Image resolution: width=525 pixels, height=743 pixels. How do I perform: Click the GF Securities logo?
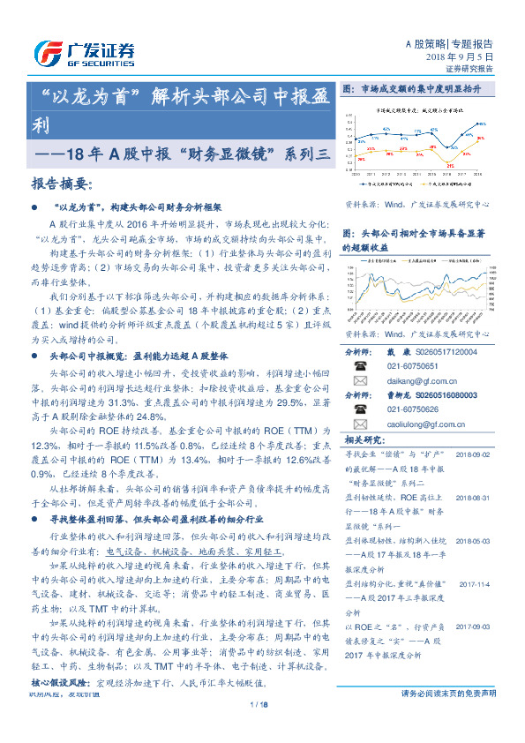(x=85, y=53)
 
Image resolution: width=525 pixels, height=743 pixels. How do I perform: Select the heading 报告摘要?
(x=62, y=184)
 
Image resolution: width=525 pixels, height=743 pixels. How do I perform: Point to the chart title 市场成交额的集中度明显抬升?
(x=422, y=89)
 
